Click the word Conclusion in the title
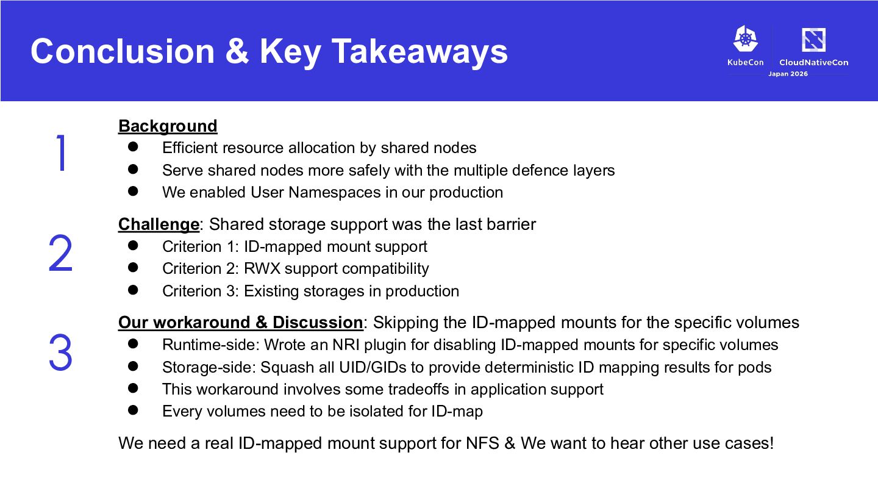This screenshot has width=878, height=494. [x=123, y=51]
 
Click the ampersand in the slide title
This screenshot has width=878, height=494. [x=237, y=51]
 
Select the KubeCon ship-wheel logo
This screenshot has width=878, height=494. [x=746, y=38]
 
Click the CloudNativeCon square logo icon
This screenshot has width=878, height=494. [x=814, y=40]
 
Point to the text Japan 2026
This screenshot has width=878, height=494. [x=788, y=74]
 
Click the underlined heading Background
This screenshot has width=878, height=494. [x=168, y=126]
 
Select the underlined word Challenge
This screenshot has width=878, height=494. [x=159, y=224]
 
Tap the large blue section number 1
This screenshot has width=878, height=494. [x=61, y=153]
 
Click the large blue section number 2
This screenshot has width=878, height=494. [x=60, y=253]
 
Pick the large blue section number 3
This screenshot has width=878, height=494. [x=60, y=352]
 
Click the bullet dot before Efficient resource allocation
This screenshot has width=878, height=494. [x=133, y=146]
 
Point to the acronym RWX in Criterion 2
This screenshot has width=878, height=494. [x=262, y=268]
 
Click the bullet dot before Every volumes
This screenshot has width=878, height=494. [x=133, y=410]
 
